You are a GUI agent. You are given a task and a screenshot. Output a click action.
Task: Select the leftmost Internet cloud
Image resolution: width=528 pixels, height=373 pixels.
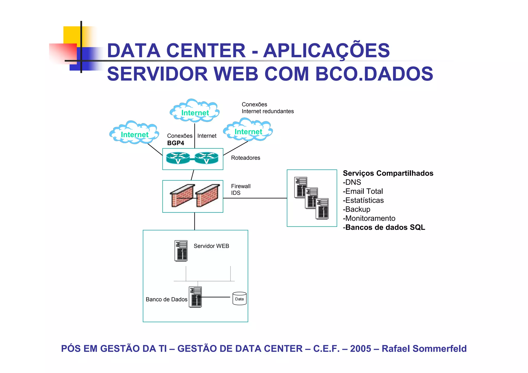click(134, 133)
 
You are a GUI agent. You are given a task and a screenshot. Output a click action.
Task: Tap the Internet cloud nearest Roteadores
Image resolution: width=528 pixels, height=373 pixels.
click(248, 130)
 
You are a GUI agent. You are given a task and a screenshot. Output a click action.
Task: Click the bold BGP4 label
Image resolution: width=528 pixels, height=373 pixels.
click(176, 143)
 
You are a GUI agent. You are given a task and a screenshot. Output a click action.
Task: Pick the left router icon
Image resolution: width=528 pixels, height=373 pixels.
click(178, 158)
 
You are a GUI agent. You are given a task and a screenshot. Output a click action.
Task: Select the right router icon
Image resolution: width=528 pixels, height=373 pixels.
click(207, 158)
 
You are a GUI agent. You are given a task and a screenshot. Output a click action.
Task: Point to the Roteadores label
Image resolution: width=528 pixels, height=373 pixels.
click(245, 158)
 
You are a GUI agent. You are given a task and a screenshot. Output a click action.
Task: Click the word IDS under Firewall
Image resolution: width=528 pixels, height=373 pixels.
click(236, 193)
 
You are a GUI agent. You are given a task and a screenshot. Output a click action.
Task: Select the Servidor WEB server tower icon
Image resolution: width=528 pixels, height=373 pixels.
click(181, 251)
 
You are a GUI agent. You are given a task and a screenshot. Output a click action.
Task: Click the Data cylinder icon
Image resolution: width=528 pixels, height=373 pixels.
click(240, 299)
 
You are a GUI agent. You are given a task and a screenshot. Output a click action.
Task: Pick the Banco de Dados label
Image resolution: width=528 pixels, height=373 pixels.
click(166, 299)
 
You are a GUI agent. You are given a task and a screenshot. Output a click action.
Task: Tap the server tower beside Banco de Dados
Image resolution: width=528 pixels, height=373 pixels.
click(195, 297)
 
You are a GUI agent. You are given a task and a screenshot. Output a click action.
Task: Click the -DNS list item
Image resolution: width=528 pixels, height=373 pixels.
click(352, 182)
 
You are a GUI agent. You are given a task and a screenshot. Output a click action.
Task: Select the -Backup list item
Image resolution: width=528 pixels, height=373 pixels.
click(357, 209)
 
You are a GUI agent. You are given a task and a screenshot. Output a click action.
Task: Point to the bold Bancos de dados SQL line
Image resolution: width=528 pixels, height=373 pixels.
click(384, 227)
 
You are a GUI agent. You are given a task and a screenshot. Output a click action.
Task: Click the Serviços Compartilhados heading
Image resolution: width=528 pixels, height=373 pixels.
click(388, 173)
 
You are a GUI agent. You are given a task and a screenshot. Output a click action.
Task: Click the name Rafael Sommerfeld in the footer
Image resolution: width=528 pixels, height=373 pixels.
click(424, 349)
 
